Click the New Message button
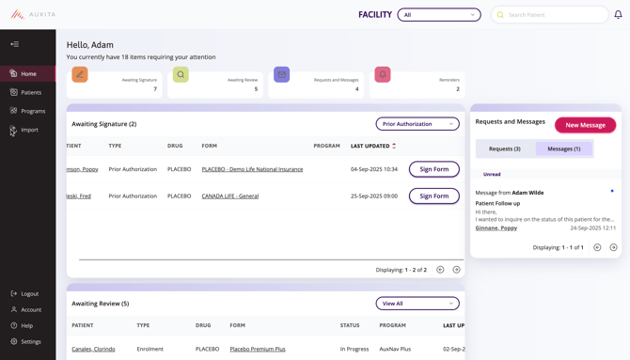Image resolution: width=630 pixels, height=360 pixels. (585, 125)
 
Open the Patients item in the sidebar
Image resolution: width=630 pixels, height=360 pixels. (31, 92)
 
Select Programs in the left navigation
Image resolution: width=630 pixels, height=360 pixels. (33, 111)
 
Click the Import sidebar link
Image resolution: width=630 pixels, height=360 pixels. (29, 130)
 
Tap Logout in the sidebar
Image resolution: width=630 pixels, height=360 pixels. (29, 293)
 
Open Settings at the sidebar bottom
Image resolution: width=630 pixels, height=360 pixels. (31, 341)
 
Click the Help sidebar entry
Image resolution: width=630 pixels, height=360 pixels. (26, 325)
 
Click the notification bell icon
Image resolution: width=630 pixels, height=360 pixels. (618, 15)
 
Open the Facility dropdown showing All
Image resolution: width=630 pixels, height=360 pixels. (438, 15)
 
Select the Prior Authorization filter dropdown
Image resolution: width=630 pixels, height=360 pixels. (417, 124)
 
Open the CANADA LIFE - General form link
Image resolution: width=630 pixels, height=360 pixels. (229, 196)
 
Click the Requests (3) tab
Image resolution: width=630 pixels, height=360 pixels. (505, 149)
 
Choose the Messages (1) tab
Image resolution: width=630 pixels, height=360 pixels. (563, 149)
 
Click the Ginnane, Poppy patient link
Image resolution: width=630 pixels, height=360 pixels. (496, 227)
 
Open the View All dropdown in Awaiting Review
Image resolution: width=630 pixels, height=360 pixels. (417, 304)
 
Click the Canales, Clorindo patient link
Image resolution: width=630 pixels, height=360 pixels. (93, 349)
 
